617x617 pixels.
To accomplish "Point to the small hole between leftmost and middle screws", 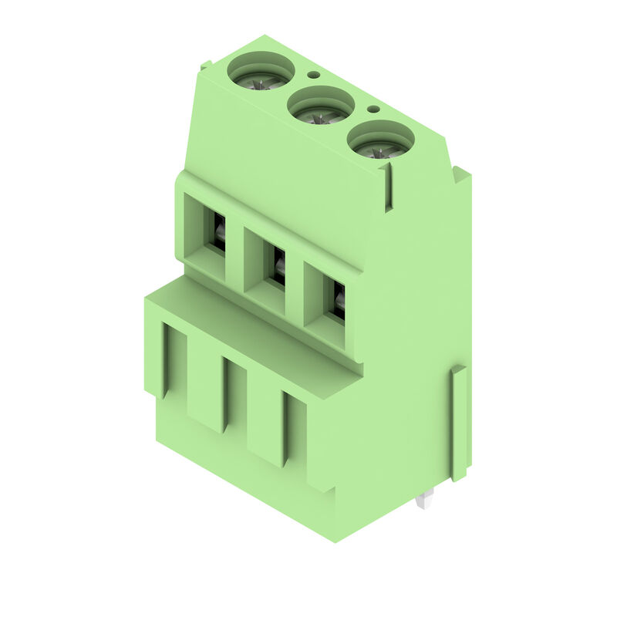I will tap(313, 76).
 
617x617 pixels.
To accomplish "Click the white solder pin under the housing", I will tap(422, 501).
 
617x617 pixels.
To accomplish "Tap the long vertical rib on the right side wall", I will tap(459, 423).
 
